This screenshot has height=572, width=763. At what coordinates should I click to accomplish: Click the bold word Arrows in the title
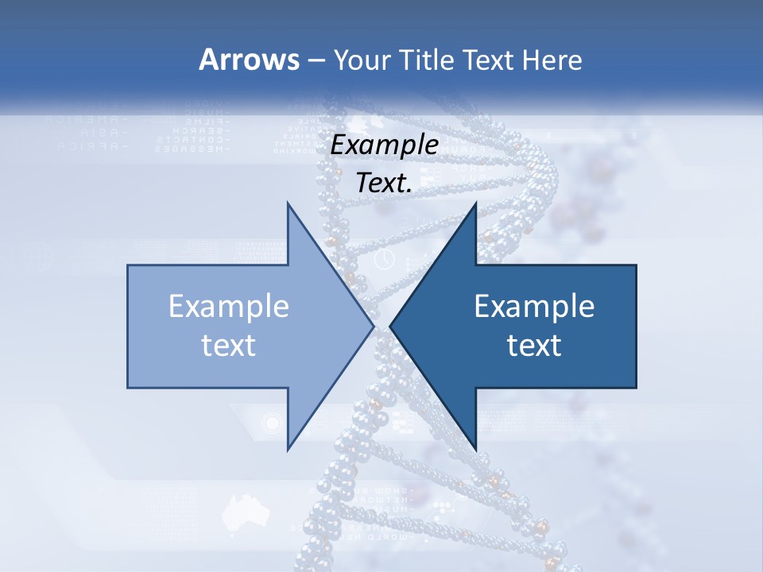click(x=250, y=60)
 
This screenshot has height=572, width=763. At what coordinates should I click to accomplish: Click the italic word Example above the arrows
click(x=384, y=145)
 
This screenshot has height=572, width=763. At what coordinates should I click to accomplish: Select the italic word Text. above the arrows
click(x=384, y=183)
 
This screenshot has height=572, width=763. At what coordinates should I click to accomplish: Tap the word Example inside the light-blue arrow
click(x=229, y=306)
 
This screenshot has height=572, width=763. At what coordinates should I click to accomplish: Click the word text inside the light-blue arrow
click(x=229, y=345)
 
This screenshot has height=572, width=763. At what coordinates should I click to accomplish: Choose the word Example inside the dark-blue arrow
click(x=534, y=306)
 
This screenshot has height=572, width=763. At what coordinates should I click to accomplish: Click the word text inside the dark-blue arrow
click(x=534, y=345)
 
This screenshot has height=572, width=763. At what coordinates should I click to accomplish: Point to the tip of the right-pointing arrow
click(x=374, y=326)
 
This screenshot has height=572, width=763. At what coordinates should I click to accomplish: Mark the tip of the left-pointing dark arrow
click(x=390, y=326)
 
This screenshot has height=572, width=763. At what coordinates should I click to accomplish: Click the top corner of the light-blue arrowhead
click(x=288, y=203)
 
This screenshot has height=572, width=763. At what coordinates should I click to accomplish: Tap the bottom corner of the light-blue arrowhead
click(x=288, y=449)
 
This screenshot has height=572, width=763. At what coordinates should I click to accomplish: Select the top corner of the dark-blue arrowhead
click(x=476, y=203)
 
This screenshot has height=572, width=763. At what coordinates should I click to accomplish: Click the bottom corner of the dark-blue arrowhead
click(x=476, y=449)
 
